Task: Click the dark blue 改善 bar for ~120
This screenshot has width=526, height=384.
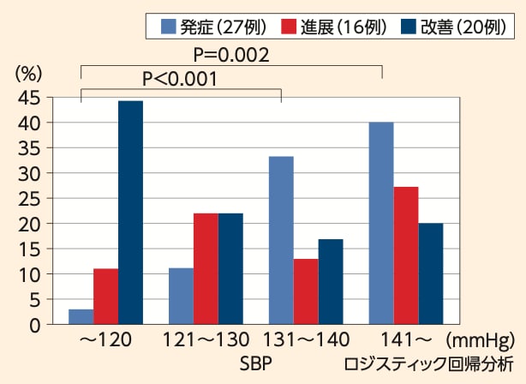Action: pyautogui.click(x=130, y=213)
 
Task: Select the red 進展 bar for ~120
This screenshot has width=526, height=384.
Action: pyautogui.click(x=105, y=297)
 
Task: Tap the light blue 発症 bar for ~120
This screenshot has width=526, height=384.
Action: pyautogui.click(x=81, y=316)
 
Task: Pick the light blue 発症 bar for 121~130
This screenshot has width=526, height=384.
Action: pyautogui.click(x=181, y=297)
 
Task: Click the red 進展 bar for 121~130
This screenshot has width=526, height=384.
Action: pyautogui.click(x=206, y=268)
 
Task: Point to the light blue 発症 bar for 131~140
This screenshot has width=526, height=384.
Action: pyautogui.click(x=281, y=240)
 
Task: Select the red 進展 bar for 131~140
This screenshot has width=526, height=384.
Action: pyautogui.click(x=306, y=291)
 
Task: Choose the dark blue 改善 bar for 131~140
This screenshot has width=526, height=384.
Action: pyautogui.click(x=331, y=282)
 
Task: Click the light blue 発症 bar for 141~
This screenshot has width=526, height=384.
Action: pyautogui.click(x=381, y=223)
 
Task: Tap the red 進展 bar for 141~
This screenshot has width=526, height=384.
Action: pyautogui.click(x=406, y=255)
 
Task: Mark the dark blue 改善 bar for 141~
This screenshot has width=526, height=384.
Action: pyautogui.click(x=431, y=273)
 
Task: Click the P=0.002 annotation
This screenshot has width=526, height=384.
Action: pyautogui.click(x=231, y=56)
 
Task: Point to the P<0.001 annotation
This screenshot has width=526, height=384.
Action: pyautogui.click(x=179, y=79)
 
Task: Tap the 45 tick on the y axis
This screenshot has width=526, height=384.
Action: pyautogui.click(x=30, y=99)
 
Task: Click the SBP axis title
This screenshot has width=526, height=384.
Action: pyautogui.click(x=256, y=363)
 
